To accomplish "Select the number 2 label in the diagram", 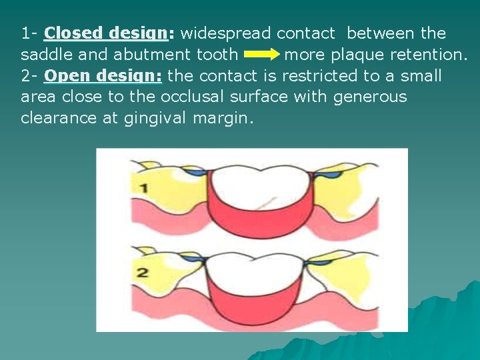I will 143,272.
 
